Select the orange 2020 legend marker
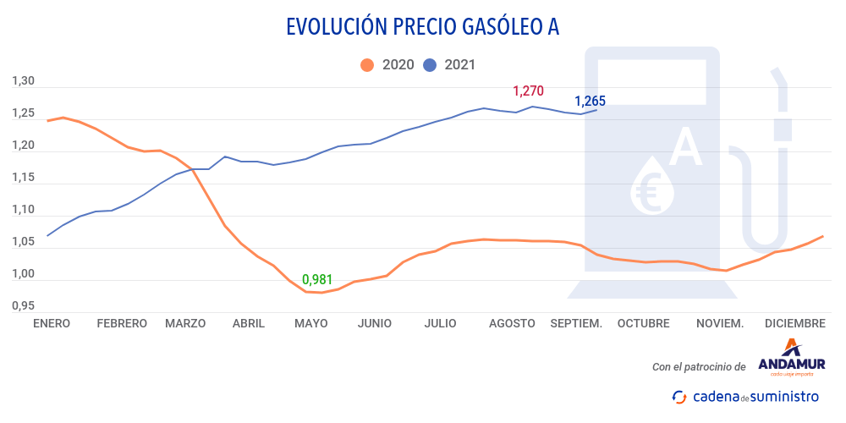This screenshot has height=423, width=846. click(x=367, y=65)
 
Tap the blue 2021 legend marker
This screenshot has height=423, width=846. click(x=430, y=65)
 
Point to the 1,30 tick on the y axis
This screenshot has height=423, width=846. click(x=23, y=81)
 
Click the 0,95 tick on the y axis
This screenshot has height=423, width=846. click(x=23, y=305)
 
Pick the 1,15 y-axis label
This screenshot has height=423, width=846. click(x=23, y=178)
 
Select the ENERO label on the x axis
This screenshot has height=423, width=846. click(x=52, y=323)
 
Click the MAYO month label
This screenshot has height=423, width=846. click(x=310, y=323)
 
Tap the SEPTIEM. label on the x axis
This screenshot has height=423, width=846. click(x=576, y=323)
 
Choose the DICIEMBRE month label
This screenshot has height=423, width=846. click(x=794, y=323)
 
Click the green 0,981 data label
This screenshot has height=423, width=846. click(x=317, y=279)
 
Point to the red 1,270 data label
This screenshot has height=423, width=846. click(x=528, y=91)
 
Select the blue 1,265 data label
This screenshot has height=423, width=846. click(x=590, y=102)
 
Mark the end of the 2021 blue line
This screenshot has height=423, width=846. click(x=597, y=110)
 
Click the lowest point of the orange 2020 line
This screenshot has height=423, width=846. click(x=321, y=293)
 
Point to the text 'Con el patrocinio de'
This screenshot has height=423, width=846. click(x=699, y=367)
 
